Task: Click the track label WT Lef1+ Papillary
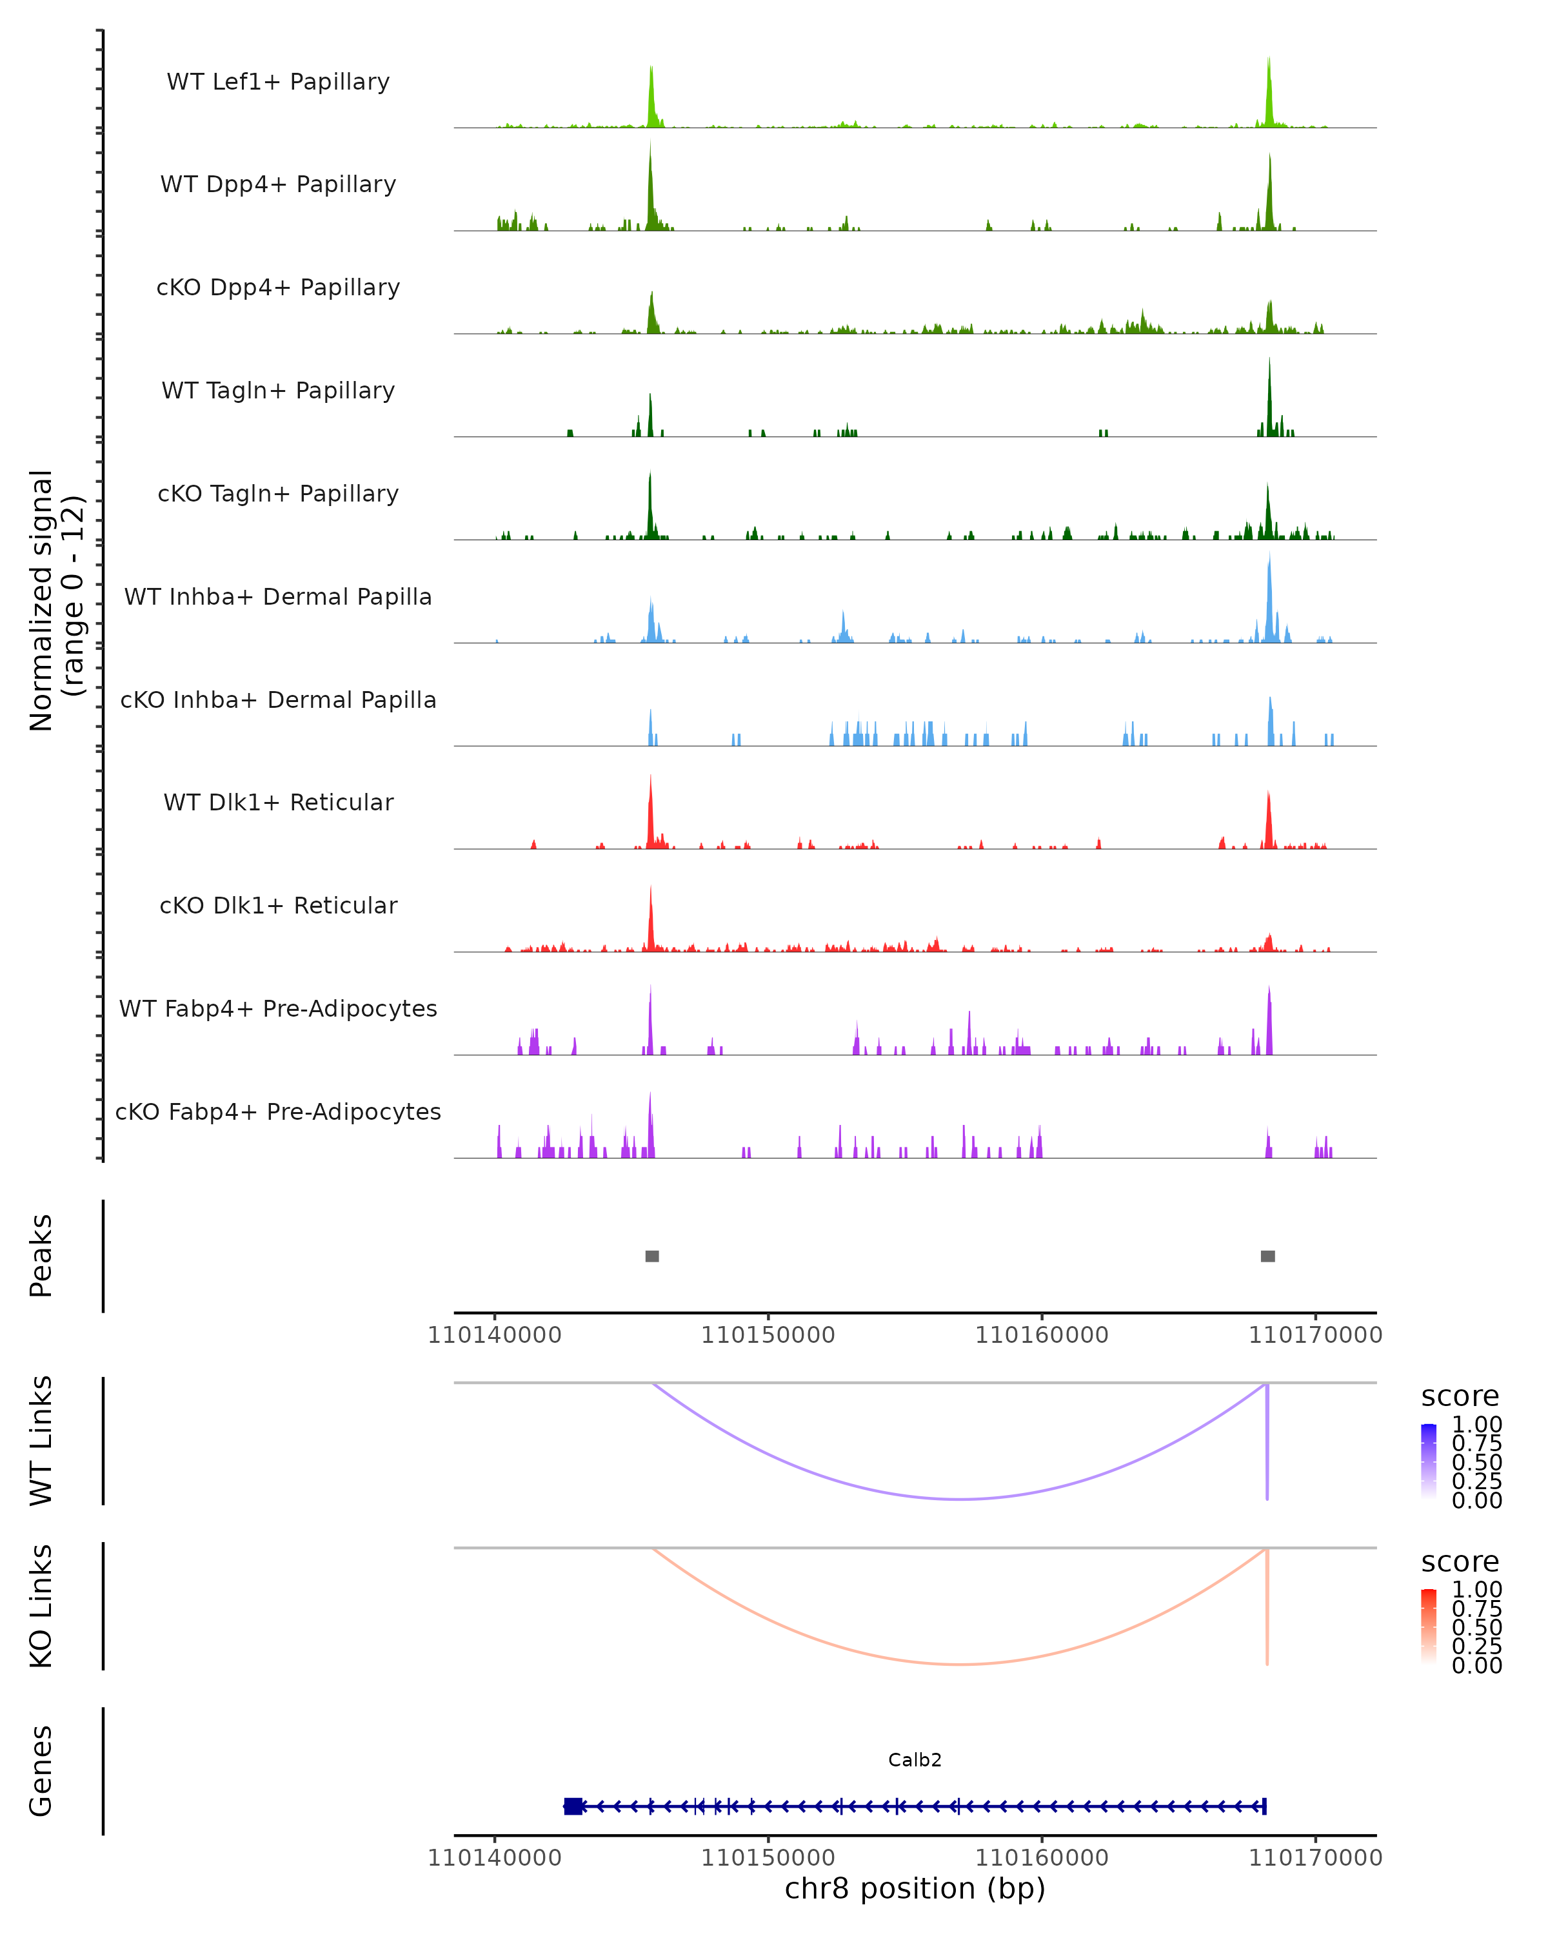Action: tap(278, 82)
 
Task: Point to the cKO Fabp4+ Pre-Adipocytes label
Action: tap(278, 1111)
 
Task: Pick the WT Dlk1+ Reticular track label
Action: tap(278, 802)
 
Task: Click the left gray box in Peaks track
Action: tap(652, 1256)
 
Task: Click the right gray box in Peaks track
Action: tap(1267, 1256)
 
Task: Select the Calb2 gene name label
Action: tap(915, 1759)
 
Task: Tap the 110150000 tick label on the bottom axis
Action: tap(768, 1857)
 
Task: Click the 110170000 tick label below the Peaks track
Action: tap(1316, 1335)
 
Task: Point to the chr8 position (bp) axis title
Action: tap(915, 1888)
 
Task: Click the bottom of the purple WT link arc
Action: tap(960, 1498)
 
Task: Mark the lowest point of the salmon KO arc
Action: tap(960, 1664)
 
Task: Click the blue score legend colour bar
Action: tap(1429, 1460)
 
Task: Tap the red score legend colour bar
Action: tap(1429, 1625)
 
